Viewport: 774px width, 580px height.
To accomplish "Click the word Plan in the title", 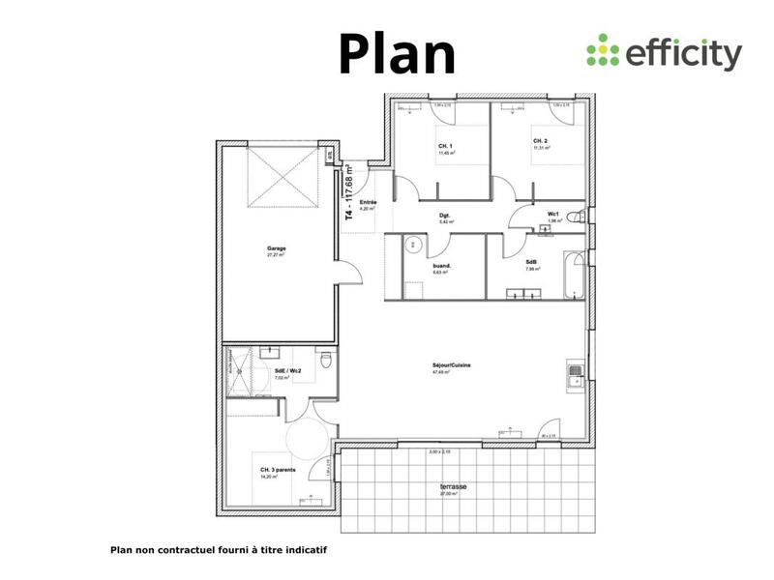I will (x=397, y=53).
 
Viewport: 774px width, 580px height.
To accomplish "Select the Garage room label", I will (x=277, y=248).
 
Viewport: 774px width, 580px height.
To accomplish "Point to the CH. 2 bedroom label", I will (x=540, y=142).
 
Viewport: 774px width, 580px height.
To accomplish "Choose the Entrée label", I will (x=368, y=201).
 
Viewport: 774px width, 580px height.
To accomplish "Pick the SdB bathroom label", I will (x=532, y=262).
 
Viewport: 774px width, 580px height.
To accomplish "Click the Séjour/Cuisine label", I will (x=452, y=364).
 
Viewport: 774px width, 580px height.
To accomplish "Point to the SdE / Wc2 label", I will (x=288, y=370).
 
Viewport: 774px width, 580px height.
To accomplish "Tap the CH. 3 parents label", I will (x=278, y=471).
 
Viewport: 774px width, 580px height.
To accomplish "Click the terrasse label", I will (x=453, y=486).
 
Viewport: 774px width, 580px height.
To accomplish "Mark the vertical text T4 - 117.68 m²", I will (x=348, y=193).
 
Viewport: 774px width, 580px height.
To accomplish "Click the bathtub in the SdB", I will (x=575, y=275).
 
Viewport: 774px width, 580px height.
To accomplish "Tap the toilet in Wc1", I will (x=578, y=217).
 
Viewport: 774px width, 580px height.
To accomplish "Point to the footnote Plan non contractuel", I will (x=220, y=549).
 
